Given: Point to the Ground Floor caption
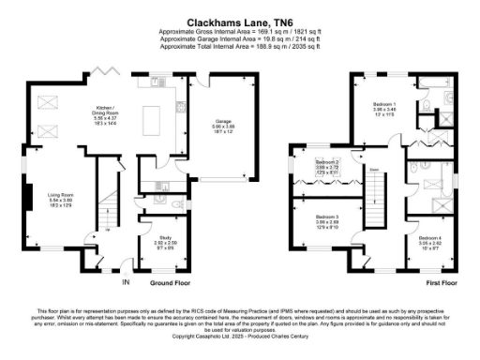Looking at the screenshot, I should click(x=170, y=281).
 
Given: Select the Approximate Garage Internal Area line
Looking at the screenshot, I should click(x=239, y=37).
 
